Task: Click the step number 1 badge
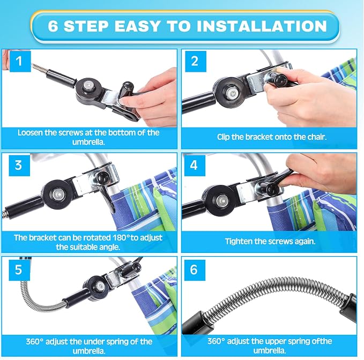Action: (20, 61)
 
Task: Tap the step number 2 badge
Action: (196, 61)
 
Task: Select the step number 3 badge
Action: (19, 166)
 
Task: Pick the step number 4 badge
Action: (195, 166)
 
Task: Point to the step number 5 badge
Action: (19, 270)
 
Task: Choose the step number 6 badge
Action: (195, 270)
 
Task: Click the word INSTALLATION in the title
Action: (262, 26)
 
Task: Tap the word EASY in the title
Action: (137, 26)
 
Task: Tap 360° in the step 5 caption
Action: (35, 342)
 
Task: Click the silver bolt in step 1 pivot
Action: (88, 86)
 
